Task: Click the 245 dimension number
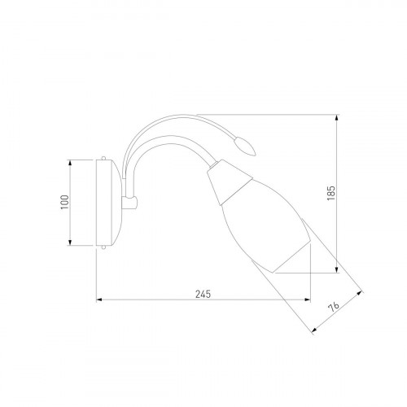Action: click(x=203, y=294)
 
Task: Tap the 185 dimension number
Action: click(x=331, y=194)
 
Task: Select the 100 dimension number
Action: click(x=65, y=202)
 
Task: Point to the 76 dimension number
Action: click(x=334, y=307)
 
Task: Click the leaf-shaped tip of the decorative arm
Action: click(x=245, y=147)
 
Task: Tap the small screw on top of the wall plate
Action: click(x=103, y=158)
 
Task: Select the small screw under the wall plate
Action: click(x=103, y=247)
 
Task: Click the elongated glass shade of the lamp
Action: click(x=267, y=225)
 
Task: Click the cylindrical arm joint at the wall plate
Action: click(x=130, y=203)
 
